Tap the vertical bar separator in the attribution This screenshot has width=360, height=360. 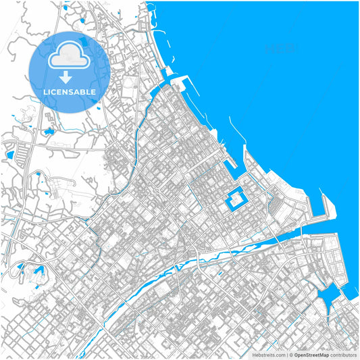click(286, 354)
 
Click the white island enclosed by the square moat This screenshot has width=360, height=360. click(236, 199)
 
